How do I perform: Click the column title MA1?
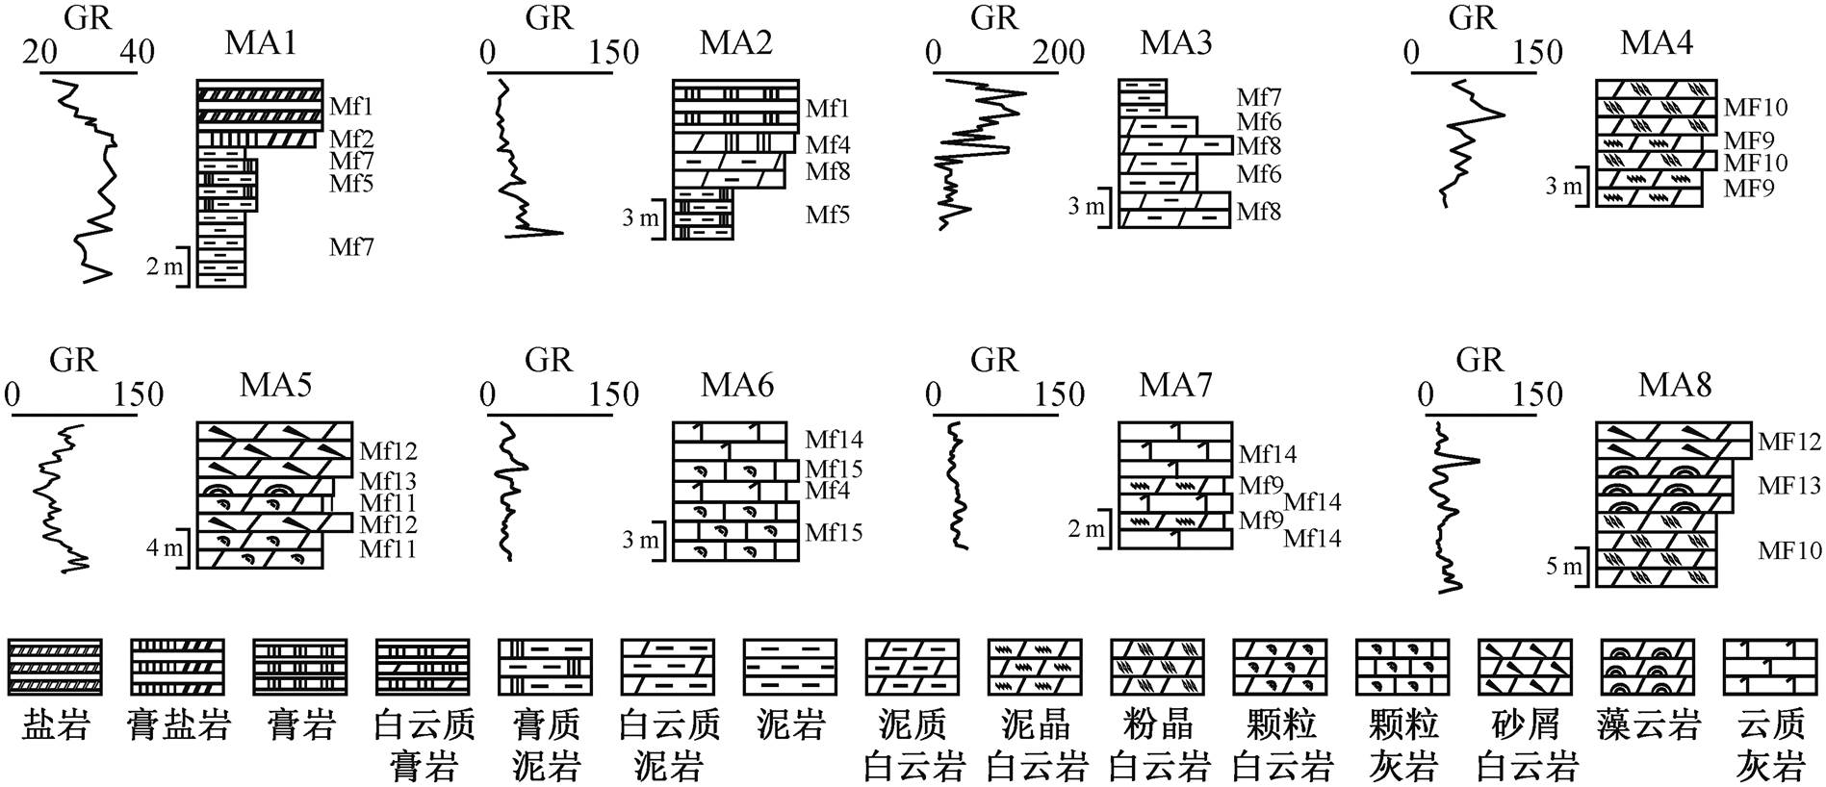point(260,43)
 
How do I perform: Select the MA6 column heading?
point(737,385)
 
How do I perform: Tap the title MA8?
point(1675,385)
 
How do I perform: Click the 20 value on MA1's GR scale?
point(40,52)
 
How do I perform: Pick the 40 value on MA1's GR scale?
point(136,52)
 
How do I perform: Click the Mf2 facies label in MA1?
point(351,140)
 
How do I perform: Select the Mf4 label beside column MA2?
point(828,145)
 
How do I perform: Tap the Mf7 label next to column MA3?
point(1259,97)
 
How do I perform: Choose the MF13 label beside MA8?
point(1789,486)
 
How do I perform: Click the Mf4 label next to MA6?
point(828,491)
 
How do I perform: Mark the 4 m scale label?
point(164,548)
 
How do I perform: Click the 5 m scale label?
point(1564,567)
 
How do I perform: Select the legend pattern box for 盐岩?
point(55,667)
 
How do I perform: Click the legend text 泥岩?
point(790,724)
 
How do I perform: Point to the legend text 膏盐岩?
point(178,724)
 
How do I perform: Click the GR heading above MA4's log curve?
point(1472,17)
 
